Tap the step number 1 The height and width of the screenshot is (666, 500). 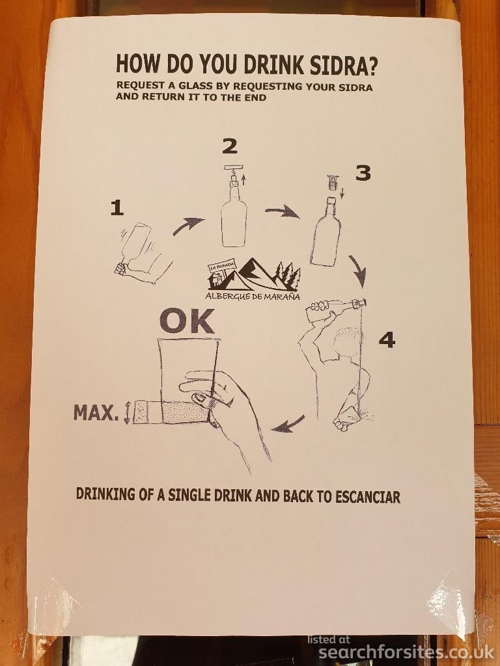(x=117, y=208)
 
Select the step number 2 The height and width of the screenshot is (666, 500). (x=230, y=146)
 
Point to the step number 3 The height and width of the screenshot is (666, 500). (x=363, y=173)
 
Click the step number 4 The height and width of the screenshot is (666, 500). (x=387, y=340)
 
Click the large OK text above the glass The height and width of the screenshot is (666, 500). (x=187, y=321)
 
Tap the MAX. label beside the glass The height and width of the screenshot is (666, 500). (x=96, y=412)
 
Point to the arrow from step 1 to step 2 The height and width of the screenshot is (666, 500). (x=187, y=225)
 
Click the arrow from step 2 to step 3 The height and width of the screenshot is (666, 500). (x=282, y=211)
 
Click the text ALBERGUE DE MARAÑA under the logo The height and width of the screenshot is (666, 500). (x=253, y=297)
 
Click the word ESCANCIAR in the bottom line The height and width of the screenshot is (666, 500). (x=367, y=497)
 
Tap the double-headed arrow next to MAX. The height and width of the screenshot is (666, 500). (x=127, y=412)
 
